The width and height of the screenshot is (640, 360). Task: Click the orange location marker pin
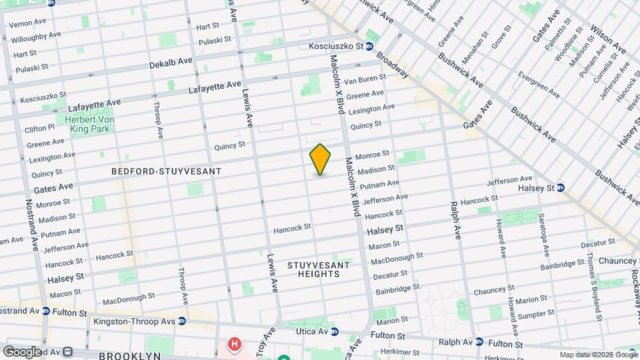[320, 159]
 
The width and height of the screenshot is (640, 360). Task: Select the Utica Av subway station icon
[335, 331]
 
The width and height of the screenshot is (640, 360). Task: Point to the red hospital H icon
[234, 345]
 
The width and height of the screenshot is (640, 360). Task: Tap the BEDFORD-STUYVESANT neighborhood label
[167, 171]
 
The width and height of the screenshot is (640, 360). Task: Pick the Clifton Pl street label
[39, 128]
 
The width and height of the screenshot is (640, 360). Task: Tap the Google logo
[22, 351]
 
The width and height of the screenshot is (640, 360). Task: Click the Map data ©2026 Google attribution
[598, 355]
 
